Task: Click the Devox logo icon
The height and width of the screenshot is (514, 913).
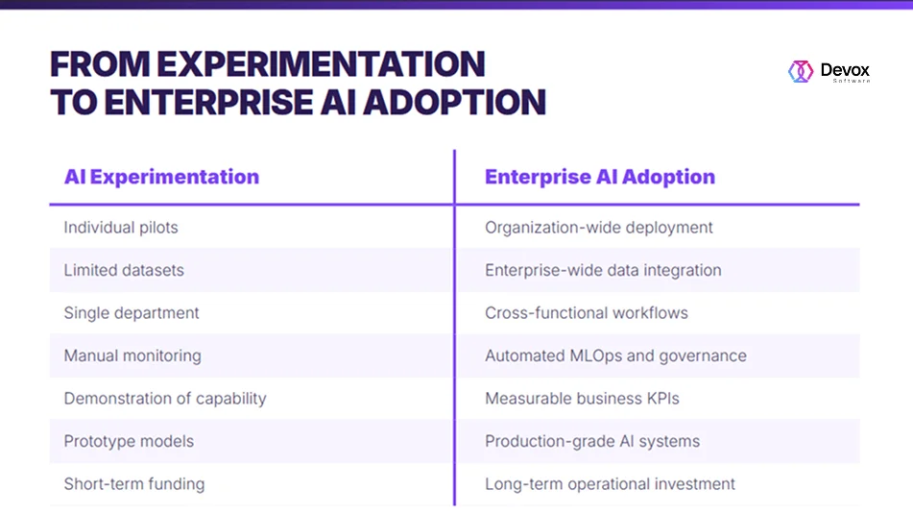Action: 801,71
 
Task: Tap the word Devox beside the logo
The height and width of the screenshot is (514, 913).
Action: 845,70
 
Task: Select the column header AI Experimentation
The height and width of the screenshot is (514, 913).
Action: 161,177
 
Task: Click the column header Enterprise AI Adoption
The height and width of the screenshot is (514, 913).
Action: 600,177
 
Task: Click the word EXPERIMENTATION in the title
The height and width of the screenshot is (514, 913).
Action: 321,63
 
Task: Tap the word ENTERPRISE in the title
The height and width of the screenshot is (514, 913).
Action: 209,102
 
